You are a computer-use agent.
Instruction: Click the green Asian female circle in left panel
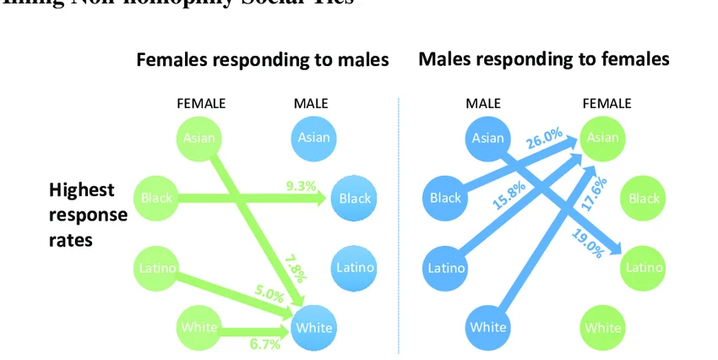[199, 138]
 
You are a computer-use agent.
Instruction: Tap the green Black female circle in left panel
[156, 199]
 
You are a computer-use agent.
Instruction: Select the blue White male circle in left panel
[313, 327]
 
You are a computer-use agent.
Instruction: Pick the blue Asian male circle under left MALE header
[313, 138]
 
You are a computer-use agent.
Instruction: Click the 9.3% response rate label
[301, 186]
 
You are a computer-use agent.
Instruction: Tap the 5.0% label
[269, 293]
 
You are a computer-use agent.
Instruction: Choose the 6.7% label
[265, 343]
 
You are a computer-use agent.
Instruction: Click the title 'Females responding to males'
[262, 60]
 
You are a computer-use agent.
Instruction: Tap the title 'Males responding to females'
[544, 59]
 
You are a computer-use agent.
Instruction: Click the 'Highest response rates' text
[87, 215]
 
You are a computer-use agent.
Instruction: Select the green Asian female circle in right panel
[602, 138]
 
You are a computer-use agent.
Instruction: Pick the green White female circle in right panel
[602, 328]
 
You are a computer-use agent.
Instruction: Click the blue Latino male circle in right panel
[445, 268]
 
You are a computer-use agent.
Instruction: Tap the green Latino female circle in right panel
[644, 268]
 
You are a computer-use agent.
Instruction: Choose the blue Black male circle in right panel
[445, 199]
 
